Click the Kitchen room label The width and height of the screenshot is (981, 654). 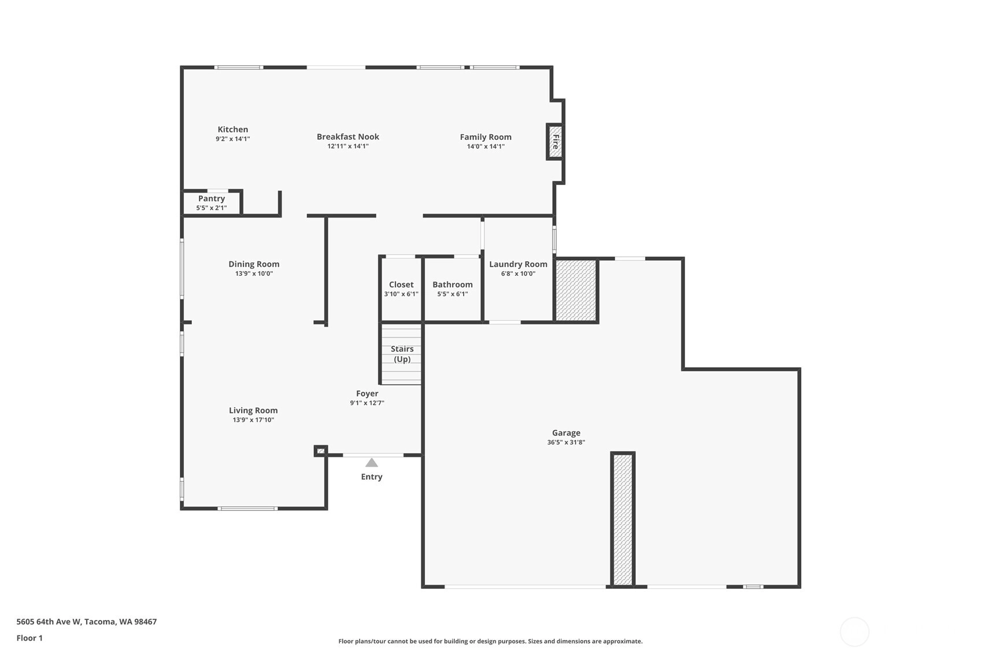tap(232, 129)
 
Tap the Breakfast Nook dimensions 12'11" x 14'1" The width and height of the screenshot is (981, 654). tap(348, 146)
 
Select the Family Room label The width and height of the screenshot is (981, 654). tap(485, 137)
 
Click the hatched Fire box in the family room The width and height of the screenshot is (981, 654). tap(554, 142)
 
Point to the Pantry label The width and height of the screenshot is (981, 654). tap(211, 198)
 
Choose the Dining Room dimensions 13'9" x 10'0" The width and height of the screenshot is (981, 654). tap(254, 274)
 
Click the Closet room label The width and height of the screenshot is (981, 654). tap(401, 284)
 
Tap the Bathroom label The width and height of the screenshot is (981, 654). tap(453, 284)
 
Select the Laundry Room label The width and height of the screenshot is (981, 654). tap(518, 264)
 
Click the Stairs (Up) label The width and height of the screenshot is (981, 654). tap(402, 354)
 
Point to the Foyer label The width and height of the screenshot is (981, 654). tap(367, 393)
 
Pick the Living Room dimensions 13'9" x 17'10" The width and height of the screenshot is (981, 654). tap(253, 420)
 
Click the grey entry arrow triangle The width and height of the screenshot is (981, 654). tap(371, 463)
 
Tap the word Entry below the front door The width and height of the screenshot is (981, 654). tap(371, 476)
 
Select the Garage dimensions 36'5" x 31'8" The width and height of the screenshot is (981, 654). tap(566, 442)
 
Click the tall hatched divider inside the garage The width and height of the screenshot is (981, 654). tap(623, 519)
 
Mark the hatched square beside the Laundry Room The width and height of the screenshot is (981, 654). tap(576, 291)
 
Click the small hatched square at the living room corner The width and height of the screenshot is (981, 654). tap(321, 451)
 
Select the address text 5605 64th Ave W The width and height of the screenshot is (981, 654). tap(49, 622)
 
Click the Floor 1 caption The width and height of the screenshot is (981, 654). tap(29, 638)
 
